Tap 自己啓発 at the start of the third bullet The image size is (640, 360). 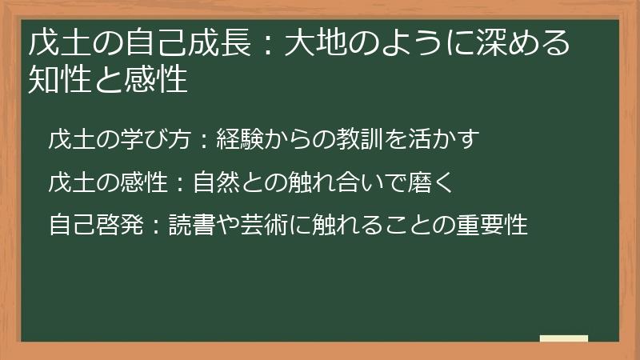coord(87,225)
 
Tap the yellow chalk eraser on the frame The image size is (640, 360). coord(564,339)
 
